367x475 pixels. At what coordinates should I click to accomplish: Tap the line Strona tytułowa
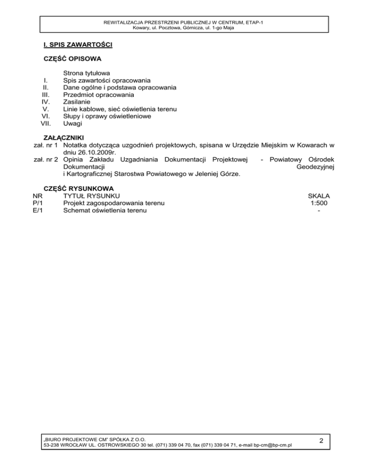(x=87, y=73)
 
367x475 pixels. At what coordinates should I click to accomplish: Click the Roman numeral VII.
(x=46, y=123)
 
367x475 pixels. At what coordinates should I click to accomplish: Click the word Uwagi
(x=73, y=123)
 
